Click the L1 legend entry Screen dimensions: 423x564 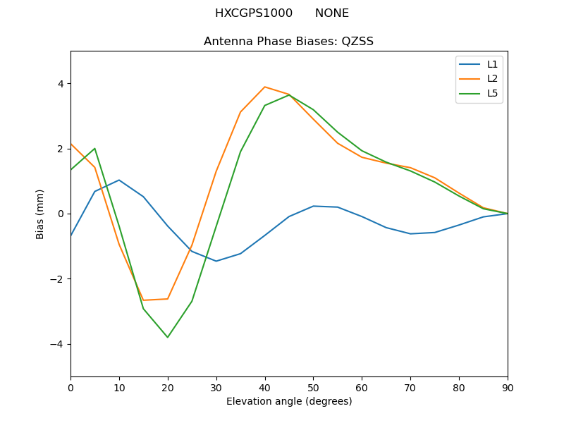pyautogui.click(x=492, y=64)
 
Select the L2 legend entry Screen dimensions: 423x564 pyautogui.click(x=492, y=78)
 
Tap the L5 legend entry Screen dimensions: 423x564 pyautogui.click(x=492, y=93)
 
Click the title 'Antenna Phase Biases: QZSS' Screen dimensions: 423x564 pyautogui.click(x=288, y=41)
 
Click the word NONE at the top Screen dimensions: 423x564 pyautogui.click(x=331, y=13)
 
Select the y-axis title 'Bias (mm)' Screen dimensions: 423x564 pyautogui.click(x=40, y=214)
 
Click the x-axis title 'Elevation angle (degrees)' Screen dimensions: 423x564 pyautogui.click(x=288, y=401)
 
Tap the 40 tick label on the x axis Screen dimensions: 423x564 pyautogui.click(x=264, y=387)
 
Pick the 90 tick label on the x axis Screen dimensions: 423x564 pyautogui.click(x=507, y=387)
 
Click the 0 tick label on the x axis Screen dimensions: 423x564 pyautogui.click(x=70, y=387)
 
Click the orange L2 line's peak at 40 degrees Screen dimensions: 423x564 pyautogui.click(x=264, y=87)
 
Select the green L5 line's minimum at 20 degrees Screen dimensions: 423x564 pyautogui.click(x=168, y=337)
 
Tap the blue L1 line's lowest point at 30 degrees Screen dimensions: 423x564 pyautogui.click(x=216, y=261)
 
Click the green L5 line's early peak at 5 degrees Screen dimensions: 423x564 pyautogui.click(x=94, y=149)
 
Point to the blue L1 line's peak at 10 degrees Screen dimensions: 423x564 pyautogui.click(x=119, y=180)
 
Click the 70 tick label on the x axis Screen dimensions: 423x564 pyautogui.click(x=410, y=387)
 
